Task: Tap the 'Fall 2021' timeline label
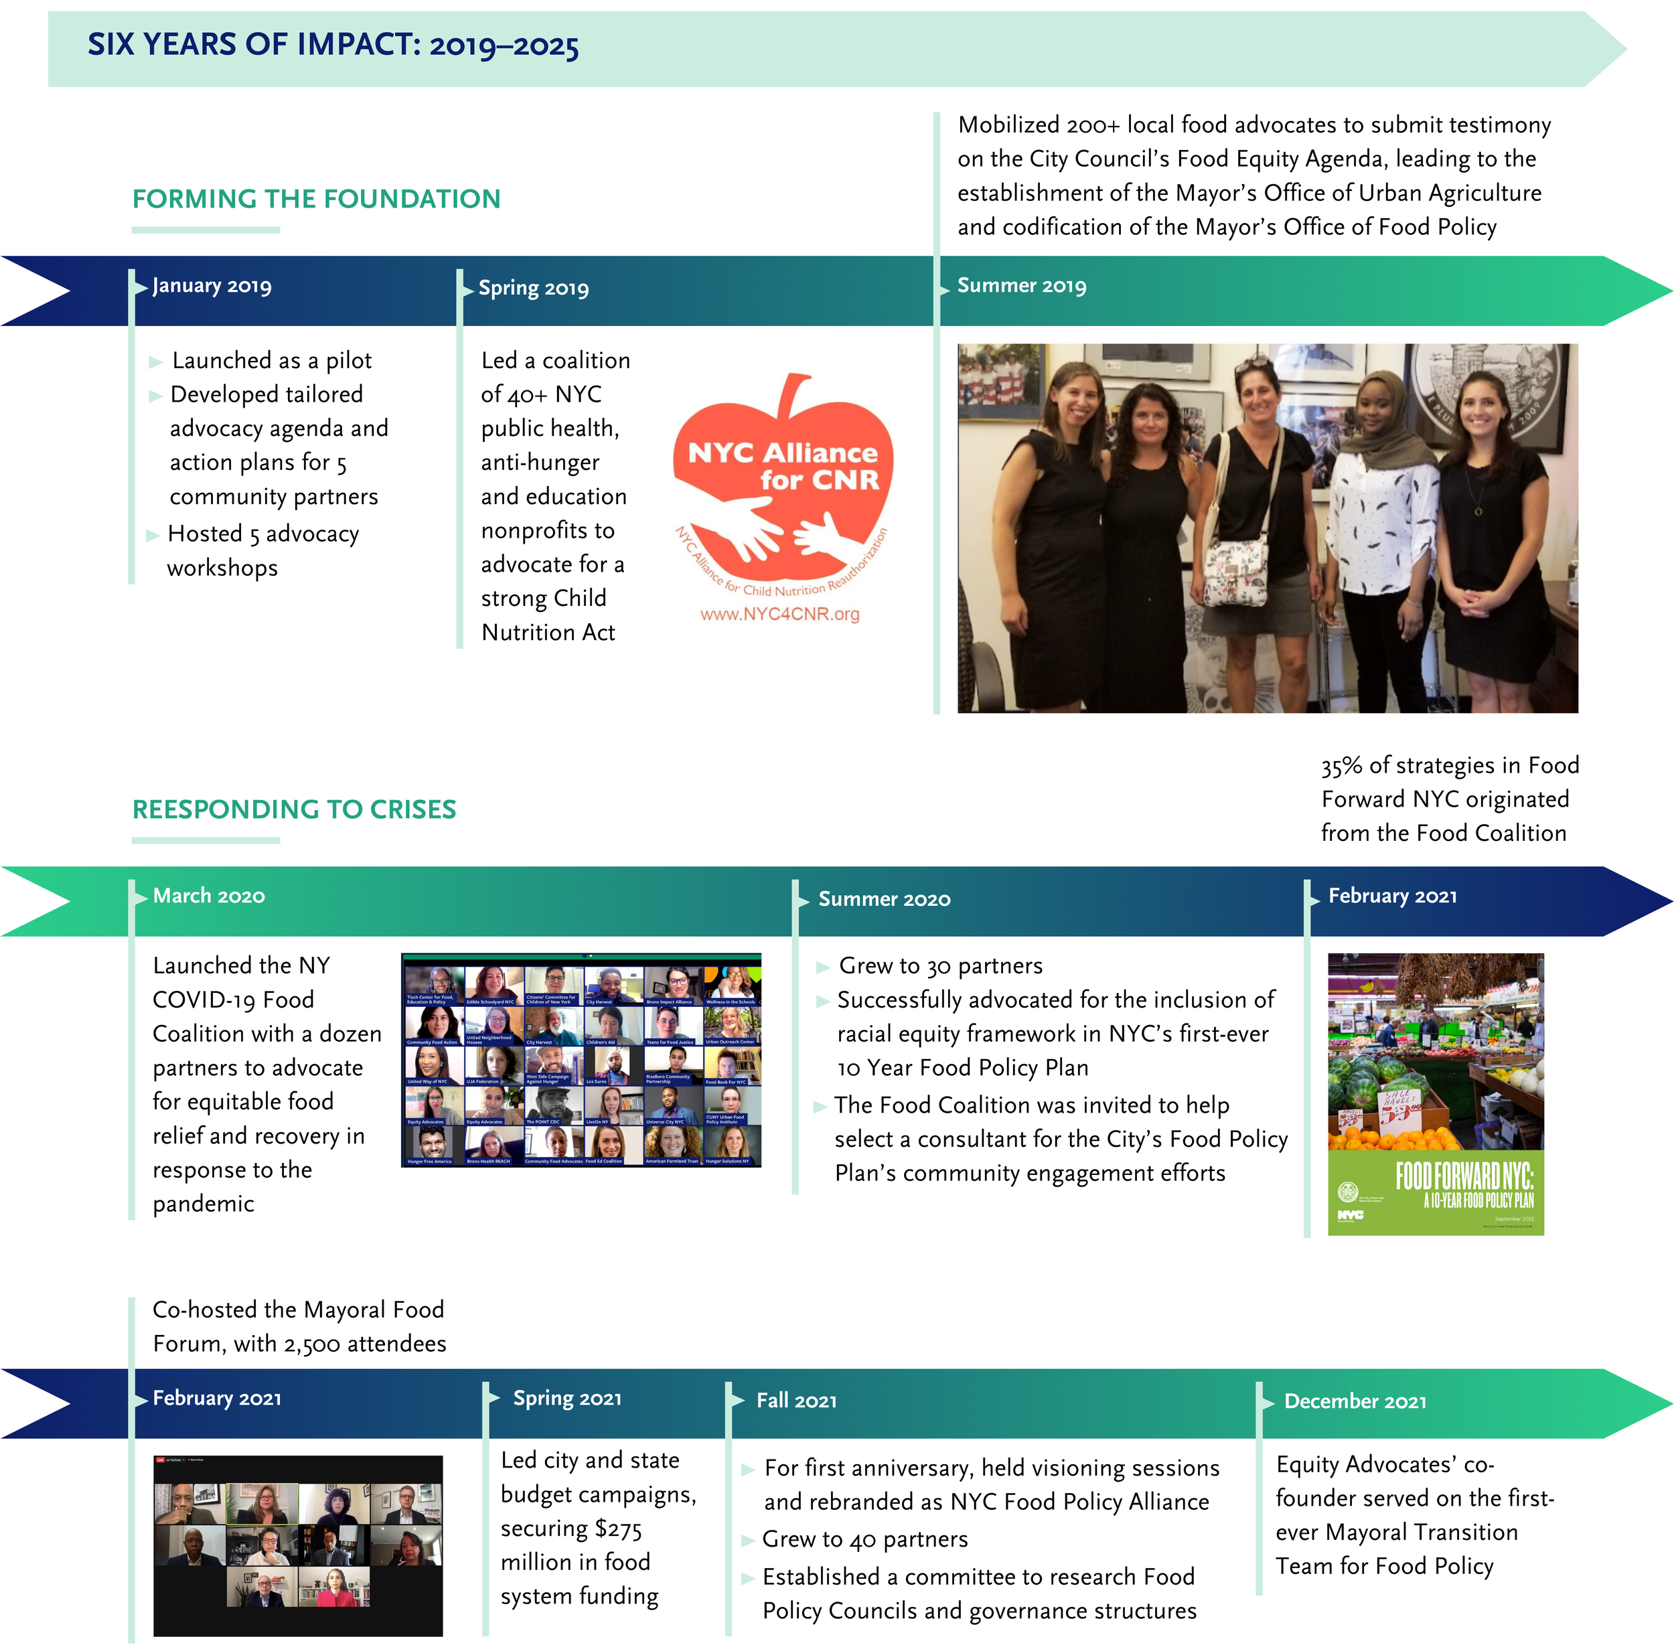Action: (x=796, y=1401)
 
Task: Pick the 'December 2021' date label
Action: (x=1355, y=1401)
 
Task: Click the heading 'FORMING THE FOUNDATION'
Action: (x=316, y=199)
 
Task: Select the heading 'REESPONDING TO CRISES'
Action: (x=294, y=809)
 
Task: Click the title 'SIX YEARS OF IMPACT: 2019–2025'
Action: (x=333, y=45)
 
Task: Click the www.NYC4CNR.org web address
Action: (x=779, y=614)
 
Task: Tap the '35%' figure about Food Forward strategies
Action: (x=1341, y=765)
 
